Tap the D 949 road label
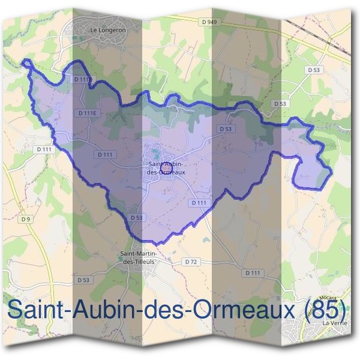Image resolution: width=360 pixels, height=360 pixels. [x=209, y=22]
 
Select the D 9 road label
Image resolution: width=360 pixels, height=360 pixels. [x=25, y=219]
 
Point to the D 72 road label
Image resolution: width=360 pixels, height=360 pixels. [x=191, y=262]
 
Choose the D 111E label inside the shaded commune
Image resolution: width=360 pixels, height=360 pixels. [x=87, y=112]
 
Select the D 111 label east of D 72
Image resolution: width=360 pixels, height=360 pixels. [x=254, y=272]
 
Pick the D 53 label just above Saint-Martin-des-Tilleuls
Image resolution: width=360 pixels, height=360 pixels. [x=135, y=217]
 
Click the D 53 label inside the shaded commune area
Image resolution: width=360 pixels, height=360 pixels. [x=226, y=128]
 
